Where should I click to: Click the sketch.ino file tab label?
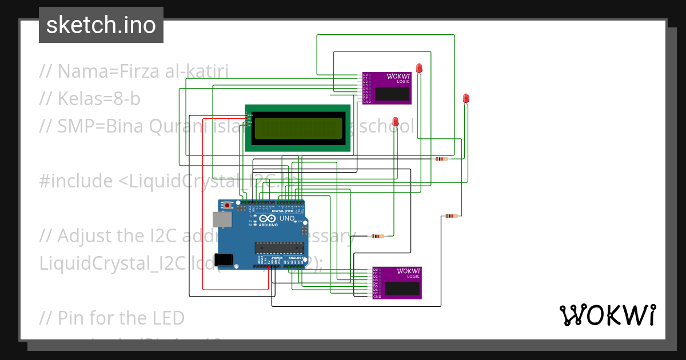pyautogui.click(x=101, y=25)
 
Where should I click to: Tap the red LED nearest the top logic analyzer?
pyautogui.click(x=419, y=67)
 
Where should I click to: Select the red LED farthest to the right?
pyautogui.click(x=466, y=98)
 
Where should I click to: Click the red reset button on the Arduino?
pyautogui.click(x=228, y=205)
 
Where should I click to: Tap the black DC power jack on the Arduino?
pyautogui.click(x=224, y=259)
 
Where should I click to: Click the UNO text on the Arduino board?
pyautogui.click(x=286, y=218)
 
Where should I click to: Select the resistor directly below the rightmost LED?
pyautogui.click(x=452, y=216)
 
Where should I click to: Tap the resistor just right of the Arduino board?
pyautogui.click(x=376, y=236)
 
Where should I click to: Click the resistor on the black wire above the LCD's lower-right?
pyautogui.click(x=441, y=159)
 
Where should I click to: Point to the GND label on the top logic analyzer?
pyautogui.click(x=366, y=102)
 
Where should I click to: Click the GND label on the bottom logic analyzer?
pyautogui.click(x=377, y=297)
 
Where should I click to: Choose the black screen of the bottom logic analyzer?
pyautogui.click(x=402, y=289)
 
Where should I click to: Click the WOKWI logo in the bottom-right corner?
pyautogui.click(x=608, y=315)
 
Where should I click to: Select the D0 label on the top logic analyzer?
pyautogui.click(x=366, y=74)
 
